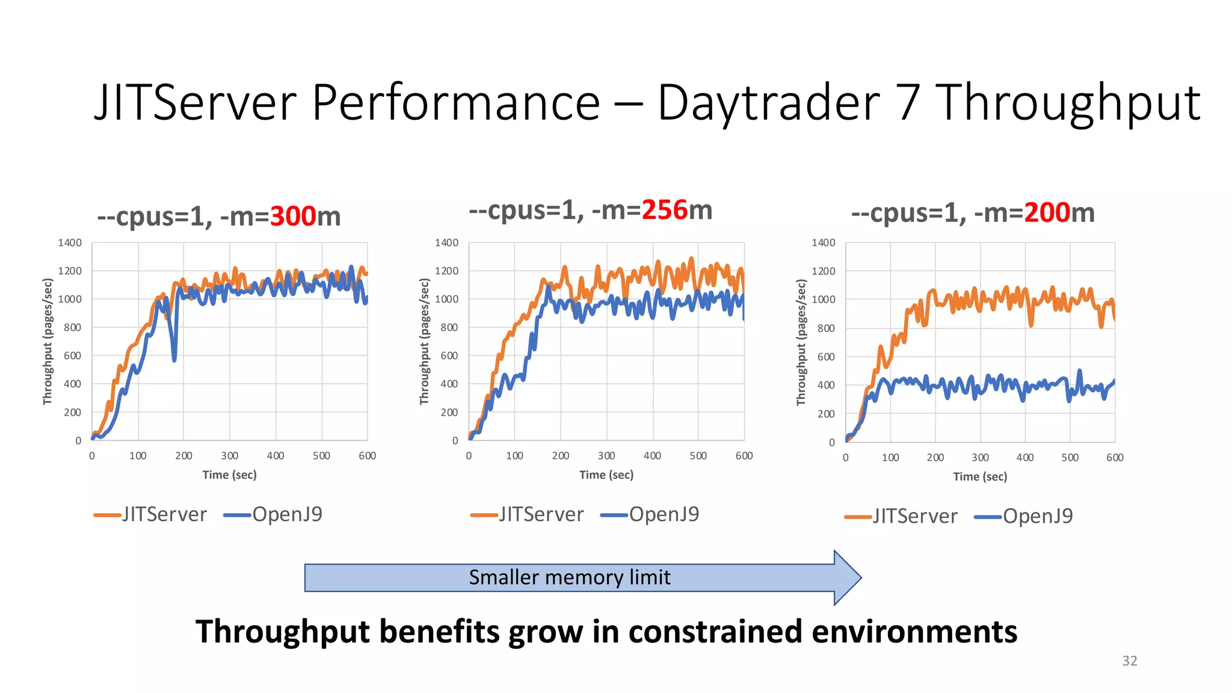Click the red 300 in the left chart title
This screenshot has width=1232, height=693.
[x=293, y=217]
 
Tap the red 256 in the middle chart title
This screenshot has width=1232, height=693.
[x=664, y=211]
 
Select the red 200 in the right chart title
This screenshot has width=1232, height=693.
[x=1047, y=213]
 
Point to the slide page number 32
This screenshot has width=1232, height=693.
[x=1129, y=661]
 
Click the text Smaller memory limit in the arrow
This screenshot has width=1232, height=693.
[x=569, y=577]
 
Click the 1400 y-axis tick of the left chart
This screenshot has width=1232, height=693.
[x=70, y=243]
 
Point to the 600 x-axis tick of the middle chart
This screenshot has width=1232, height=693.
[x=744, y=456]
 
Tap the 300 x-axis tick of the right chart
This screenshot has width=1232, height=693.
[x=980, y=458]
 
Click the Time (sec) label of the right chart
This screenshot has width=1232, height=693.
[x=980, y=477]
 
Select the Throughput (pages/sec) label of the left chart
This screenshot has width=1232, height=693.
[x=48, y=341]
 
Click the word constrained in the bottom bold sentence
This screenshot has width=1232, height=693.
[x=715, y=632]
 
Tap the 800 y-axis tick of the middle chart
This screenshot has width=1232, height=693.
[x=449, y=328]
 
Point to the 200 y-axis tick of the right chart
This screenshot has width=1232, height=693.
[x=826, y=414]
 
